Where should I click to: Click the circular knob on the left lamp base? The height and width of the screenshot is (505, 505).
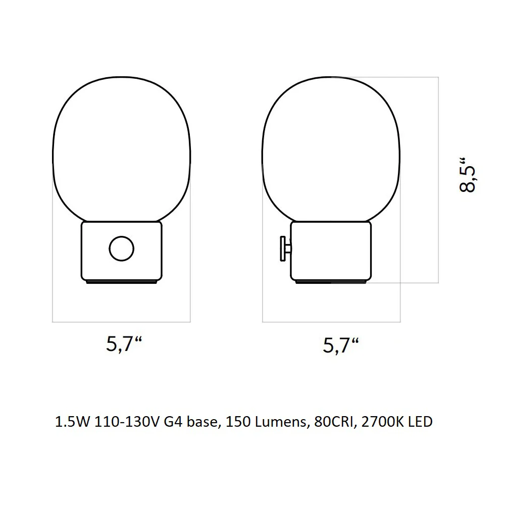pyautogui.click(x=121, y=248)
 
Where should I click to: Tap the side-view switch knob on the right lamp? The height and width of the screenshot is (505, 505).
pyautogui.click(x=285, y=248)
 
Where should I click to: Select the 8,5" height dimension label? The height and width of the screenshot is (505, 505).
pyautogui.click(x=467, y=175)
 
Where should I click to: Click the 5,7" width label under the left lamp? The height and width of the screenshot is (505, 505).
pyautogui.click(x=124, y=344)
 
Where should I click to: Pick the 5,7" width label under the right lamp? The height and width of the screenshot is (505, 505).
pyautogui.click(x=341, y=345)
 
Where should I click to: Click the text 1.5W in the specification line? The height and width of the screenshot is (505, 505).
pyautogui.click(x=72, y=422)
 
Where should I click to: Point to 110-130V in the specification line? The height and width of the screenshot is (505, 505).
pyautogui.click(x=127, y=422)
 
